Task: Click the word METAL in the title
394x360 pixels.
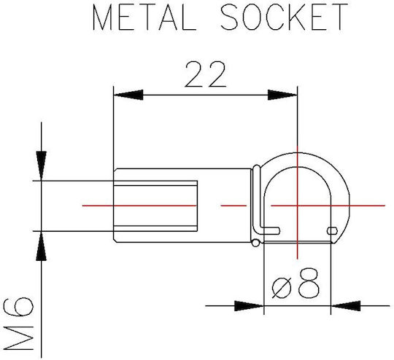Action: point(144,17)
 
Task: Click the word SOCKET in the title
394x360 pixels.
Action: point(285,17)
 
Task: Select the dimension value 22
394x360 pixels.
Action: point(206,74)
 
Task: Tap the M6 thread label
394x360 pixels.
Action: point(18,324)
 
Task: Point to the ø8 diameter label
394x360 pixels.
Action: point(295,283)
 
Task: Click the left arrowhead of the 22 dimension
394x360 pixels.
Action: point(128,95)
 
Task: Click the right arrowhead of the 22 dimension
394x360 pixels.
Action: point(282,95)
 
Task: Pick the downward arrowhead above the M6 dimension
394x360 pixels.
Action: point(41,165)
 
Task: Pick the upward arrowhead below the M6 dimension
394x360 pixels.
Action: point(41,246)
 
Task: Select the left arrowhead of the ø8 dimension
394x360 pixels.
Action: point(249,306)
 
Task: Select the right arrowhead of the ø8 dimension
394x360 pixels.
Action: point(346,306)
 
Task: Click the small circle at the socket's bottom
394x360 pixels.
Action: point(255,243)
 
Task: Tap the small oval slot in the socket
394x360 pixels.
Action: point(332,231)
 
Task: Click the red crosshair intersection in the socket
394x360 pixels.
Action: point(298,206)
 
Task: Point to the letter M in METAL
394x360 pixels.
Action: point(102,17)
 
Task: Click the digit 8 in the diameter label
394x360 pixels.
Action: point(309,283)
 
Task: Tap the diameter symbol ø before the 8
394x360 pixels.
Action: point(282,288)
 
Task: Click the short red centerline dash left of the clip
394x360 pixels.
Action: point(233,206)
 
